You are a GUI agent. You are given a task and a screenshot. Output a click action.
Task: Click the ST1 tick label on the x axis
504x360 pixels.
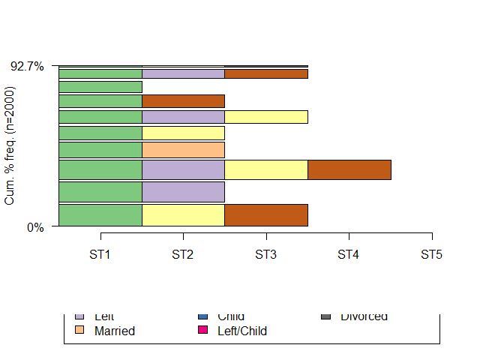pos(100,255)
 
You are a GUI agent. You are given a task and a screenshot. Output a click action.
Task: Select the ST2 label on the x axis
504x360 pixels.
pos(183,255)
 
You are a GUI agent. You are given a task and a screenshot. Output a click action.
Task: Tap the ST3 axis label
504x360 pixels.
pos(265,255)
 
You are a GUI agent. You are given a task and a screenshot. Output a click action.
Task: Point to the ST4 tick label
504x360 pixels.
pos(349,255)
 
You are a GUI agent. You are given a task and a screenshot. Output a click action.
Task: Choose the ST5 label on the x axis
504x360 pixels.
pos(431,255)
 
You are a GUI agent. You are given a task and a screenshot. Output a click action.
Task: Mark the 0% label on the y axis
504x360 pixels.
pos(35,227)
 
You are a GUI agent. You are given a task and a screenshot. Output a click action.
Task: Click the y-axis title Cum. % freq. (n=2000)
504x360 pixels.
pos(10,146)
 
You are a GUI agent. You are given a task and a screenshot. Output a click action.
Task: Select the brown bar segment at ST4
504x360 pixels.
pos(349,169)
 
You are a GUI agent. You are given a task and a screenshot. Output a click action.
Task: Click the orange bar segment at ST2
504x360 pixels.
pos(183,149)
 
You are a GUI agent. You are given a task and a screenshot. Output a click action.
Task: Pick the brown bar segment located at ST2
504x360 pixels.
pos(183,101)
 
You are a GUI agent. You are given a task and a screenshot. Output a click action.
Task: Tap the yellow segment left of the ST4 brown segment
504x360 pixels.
pos(265,169)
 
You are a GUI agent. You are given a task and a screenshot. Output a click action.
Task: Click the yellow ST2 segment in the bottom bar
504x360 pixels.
pos(183,214)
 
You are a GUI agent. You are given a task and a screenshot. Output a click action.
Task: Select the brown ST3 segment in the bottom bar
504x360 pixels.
pos(265,214)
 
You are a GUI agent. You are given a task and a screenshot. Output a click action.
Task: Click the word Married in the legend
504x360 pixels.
pos(115,331)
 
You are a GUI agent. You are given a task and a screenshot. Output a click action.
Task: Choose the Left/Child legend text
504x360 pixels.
pos(241,331)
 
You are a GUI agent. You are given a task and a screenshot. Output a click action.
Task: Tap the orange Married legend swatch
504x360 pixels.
pos(79,330)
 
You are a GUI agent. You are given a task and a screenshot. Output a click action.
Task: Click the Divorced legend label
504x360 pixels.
pos(364,316)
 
